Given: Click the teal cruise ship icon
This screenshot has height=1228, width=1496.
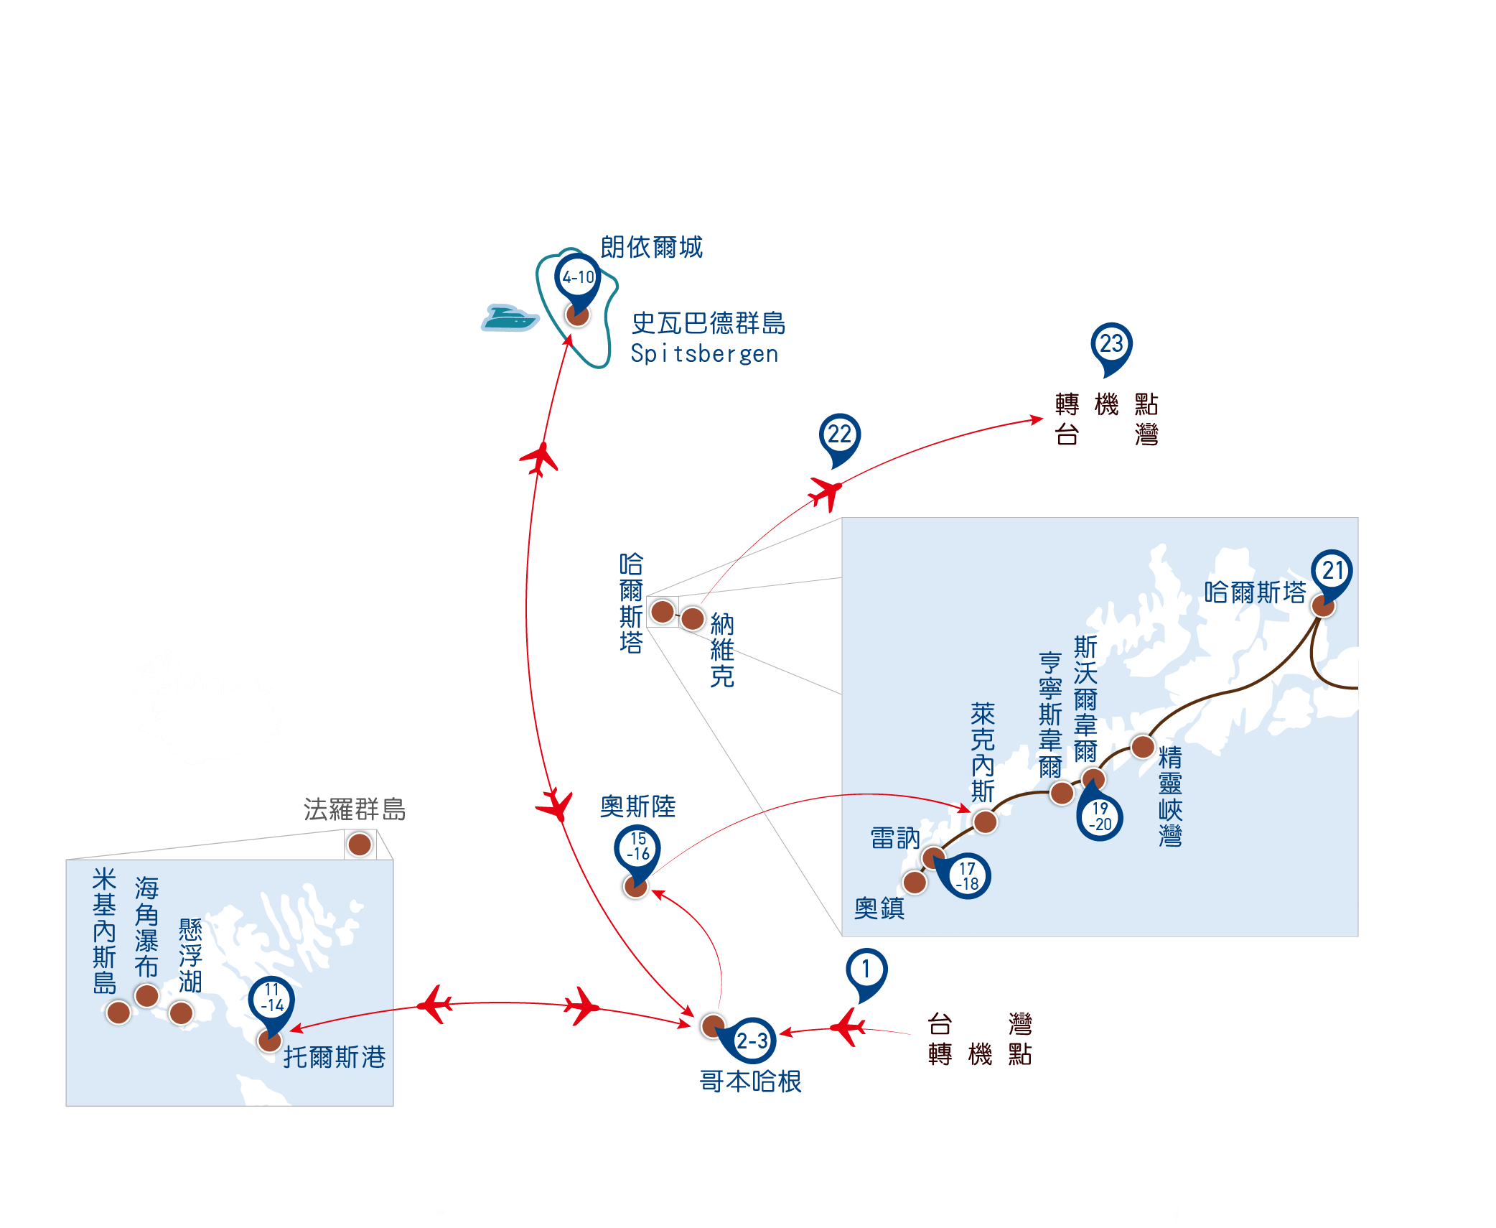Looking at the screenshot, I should [x=509, y=317].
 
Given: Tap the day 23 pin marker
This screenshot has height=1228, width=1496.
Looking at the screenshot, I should [x=1111, y=346].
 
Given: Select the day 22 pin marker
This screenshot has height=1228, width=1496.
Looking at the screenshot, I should [x=839, y=437].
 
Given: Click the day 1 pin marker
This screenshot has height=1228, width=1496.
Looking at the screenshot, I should [x=866, y=972].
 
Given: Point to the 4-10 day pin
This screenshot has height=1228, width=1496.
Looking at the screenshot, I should [x=578, y=279].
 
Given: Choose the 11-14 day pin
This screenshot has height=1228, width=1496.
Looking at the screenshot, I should [x=271, y=1000].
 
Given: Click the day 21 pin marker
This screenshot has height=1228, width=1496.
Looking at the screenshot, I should [x=1332, y=573].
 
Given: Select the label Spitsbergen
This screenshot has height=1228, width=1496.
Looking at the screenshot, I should [x=704, y=354].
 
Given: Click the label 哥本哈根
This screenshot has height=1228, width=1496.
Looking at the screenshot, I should [x=750, y=1082].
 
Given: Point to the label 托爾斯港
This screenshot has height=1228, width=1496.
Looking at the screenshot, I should [x=335, y=1057].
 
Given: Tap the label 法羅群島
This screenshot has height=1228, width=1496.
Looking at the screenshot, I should [x=354, y=809].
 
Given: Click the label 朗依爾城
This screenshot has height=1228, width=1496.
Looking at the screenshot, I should [x=651, y=247].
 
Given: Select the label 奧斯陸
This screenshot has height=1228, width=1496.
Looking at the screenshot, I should [x=637, y=806].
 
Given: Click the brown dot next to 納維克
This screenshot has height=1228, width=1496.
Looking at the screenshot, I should [x=693, y=618].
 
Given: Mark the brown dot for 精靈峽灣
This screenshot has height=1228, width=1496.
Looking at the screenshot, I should [x=1142, y=747].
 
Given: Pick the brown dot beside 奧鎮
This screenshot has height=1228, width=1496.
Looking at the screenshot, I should [x=915, y=882].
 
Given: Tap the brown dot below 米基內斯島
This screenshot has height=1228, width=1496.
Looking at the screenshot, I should [x=118, y=1013].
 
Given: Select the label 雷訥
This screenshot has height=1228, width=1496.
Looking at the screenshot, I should [x=894, y=838].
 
